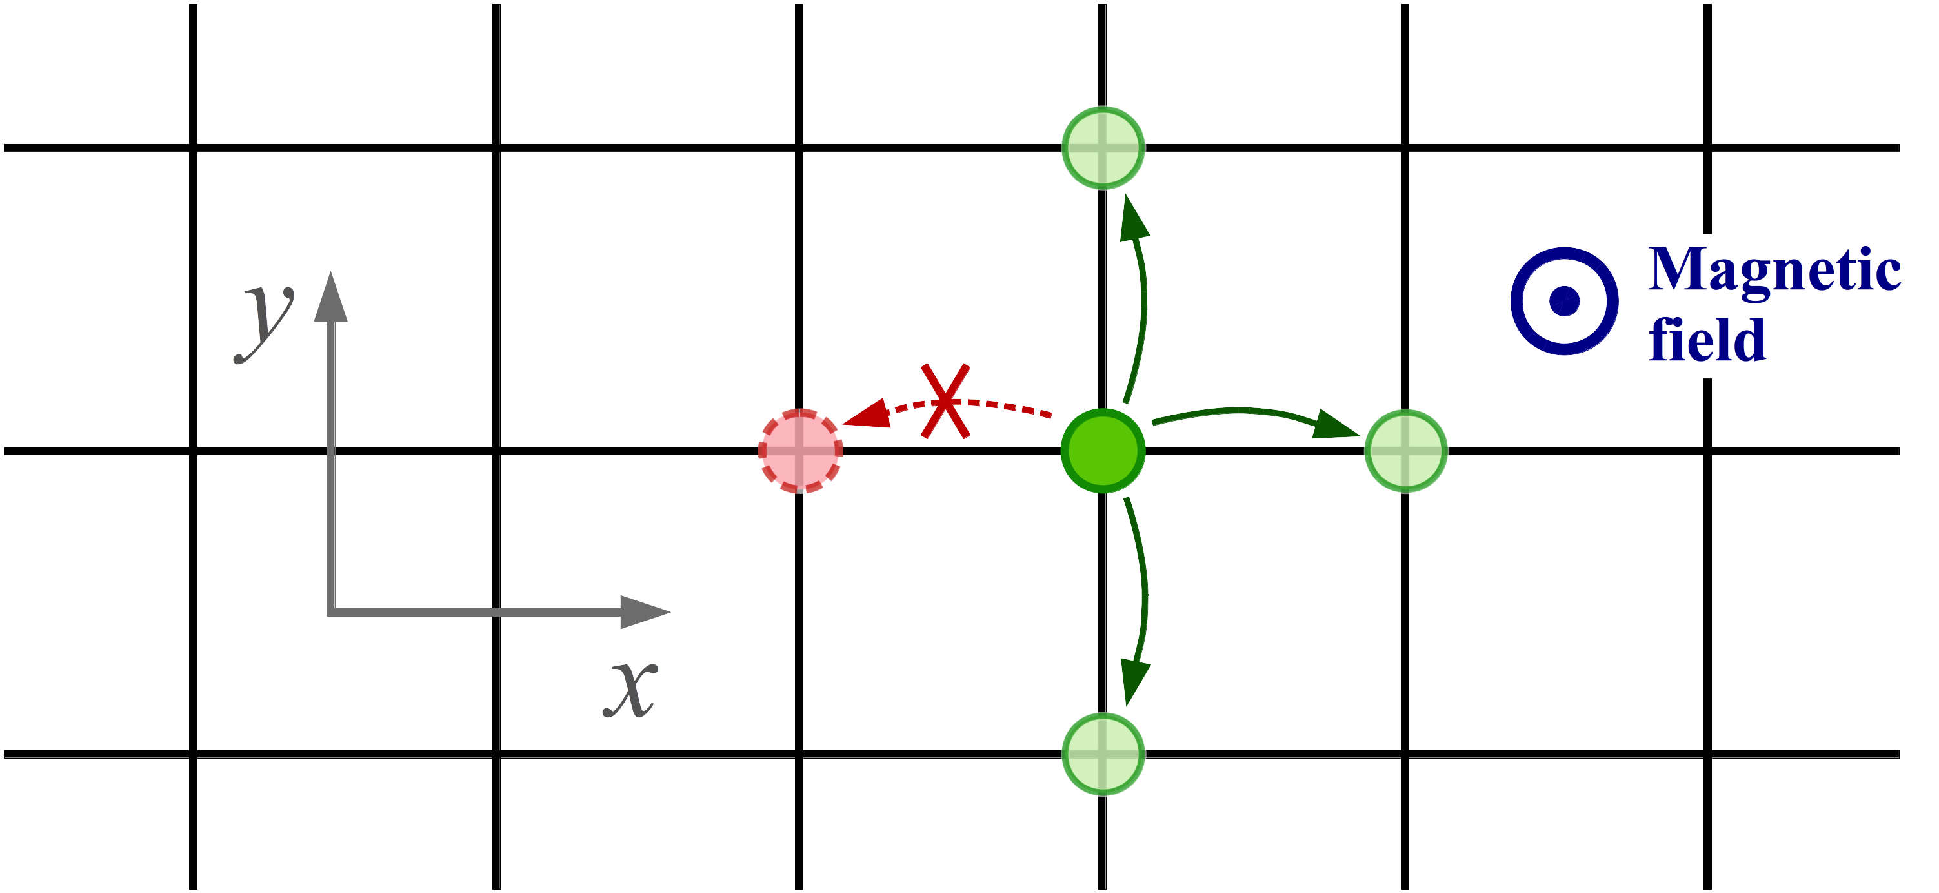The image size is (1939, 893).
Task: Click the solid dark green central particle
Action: click(x=1103, y=451)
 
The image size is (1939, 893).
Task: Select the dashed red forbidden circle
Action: click(x=799, y=451)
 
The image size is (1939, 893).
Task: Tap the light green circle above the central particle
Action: click(x=1103, y=149)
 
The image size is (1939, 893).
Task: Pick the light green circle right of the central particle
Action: click(x=1406, y=451)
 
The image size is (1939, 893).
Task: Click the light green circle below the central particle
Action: click(x=1103, y=754)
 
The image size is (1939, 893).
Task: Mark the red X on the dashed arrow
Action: click(x=945, y=402)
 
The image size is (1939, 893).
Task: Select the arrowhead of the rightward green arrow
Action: click(x=1336, y=426)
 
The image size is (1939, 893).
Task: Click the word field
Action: click(x=1707, y=340)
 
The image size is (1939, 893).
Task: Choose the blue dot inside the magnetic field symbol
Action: click(x=1564, y=301)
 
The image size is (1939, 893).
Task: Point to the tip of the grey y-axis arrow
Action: click(x=330, y=275)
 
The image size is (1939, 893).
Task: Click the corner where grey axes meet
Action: click(x=331, y=612)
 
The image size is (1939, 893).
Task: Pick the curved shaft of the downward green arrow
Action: click(x=1143, y=588)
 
